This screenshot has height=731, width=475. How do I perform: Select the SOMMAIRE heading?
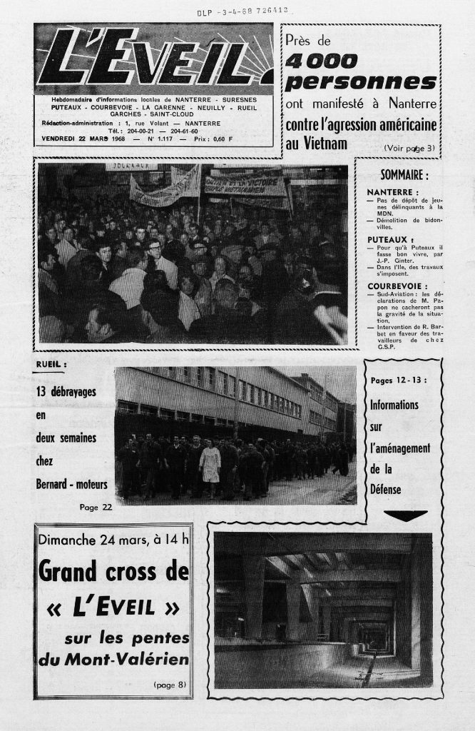point(404,175)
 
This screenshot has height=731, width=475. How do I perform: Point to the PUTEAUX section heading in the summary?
point(391,239)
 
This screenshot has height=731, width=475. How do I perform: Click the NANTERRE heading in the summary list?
point(393,193)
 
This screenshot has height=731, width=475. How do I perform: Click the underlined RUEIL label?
point(51,365)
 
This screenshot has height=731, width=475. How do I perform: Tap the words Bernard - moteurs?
point(71,485)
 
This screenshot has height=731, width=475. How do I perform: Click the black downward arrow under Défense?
point(405,515)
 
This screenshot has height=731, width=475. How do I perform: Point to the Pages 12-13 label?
point(399,380)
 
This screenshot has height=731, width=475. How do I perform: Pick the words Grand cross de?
point(113,571)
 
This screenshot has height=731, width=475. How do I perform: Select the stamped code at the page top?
point(242,11)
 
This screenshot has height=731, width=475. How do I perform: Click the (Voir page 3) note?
point(409,148)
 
